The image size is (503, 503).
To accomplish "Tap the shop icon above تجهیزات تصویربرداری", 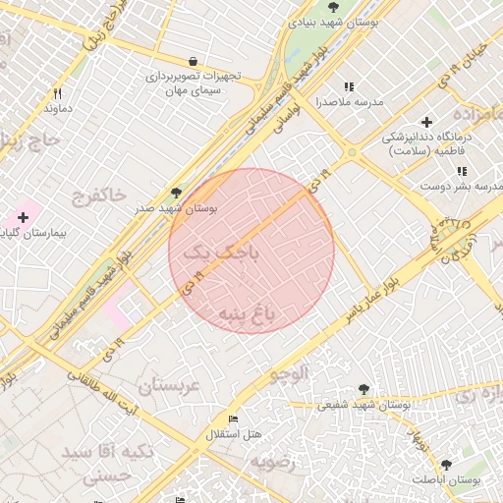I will (x=192, y=60).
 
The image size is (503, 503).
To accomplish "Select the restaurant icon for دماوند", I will (x=58, y=94).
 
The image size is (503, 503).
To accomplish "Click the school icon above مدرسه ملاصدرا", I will (x=348, y=86).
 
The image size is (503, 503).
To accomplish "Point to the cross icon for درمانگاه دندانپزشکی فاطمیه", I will (x=426, y=122).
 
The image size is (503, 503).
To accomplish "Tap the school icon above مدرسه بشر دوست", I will (x=462, y=171).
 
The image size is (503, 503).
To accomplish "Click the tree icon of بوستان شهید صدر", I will (x=177, y=193).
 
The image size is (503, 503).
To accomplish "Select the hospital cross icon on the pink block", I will (x=23, y=216).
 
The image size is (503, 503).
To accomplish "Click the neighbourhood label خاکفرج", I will (x=98, y=197).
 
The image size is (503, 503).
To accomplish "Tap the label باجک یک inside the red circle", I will (x=223, y=252).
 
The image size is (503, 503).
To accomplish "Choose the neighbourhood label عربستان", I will (x=168, y=386).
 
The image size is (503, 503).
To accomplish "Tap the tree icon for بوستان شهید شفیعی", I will (x=364, y=389).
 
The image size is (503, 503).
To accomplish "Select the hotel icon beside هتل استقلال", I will (x=233, y=419).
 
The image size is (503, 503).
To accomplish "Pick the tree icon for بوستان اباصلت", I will (x=446, y=464).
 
